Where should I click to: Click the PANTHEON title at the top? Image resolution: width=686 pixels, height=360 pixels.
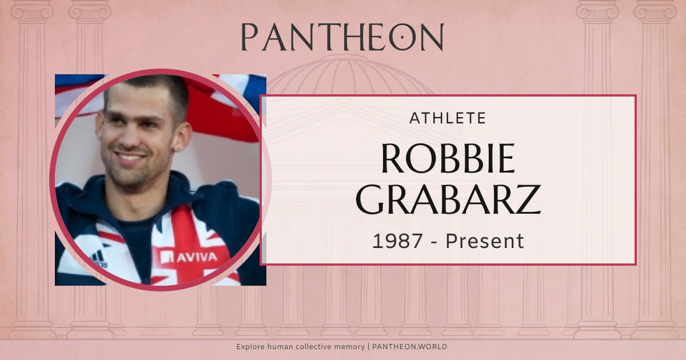(342, 37)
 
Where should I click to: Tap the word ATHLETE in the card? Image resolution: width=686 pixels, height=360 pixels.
(448, 118)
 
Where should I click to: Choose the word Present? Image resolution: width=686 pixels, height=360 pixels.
(485, 241)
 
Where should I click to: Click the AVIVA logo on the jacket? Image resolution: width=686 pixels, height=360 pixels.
(192, 257)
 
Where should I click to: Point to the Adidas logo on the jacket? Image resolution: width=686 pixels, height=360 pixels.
(99, 259)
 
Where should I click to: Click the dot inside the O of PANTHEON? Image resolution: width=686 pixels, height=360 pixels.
(403, 38)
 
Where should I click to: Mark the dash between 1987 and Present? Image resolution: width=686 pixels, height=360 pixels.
(435, 242)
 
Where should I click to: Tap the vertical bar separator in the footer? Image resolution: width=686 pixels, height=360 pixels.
(369, 347)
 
